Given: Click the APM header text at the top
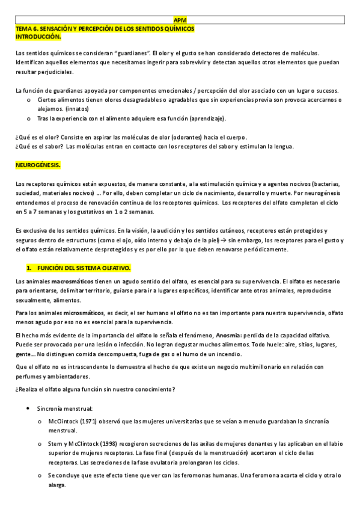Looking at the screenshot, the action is tap(179, 20).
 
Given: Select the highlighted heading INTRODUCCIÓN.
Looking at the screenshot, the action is tap(38, 37).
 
